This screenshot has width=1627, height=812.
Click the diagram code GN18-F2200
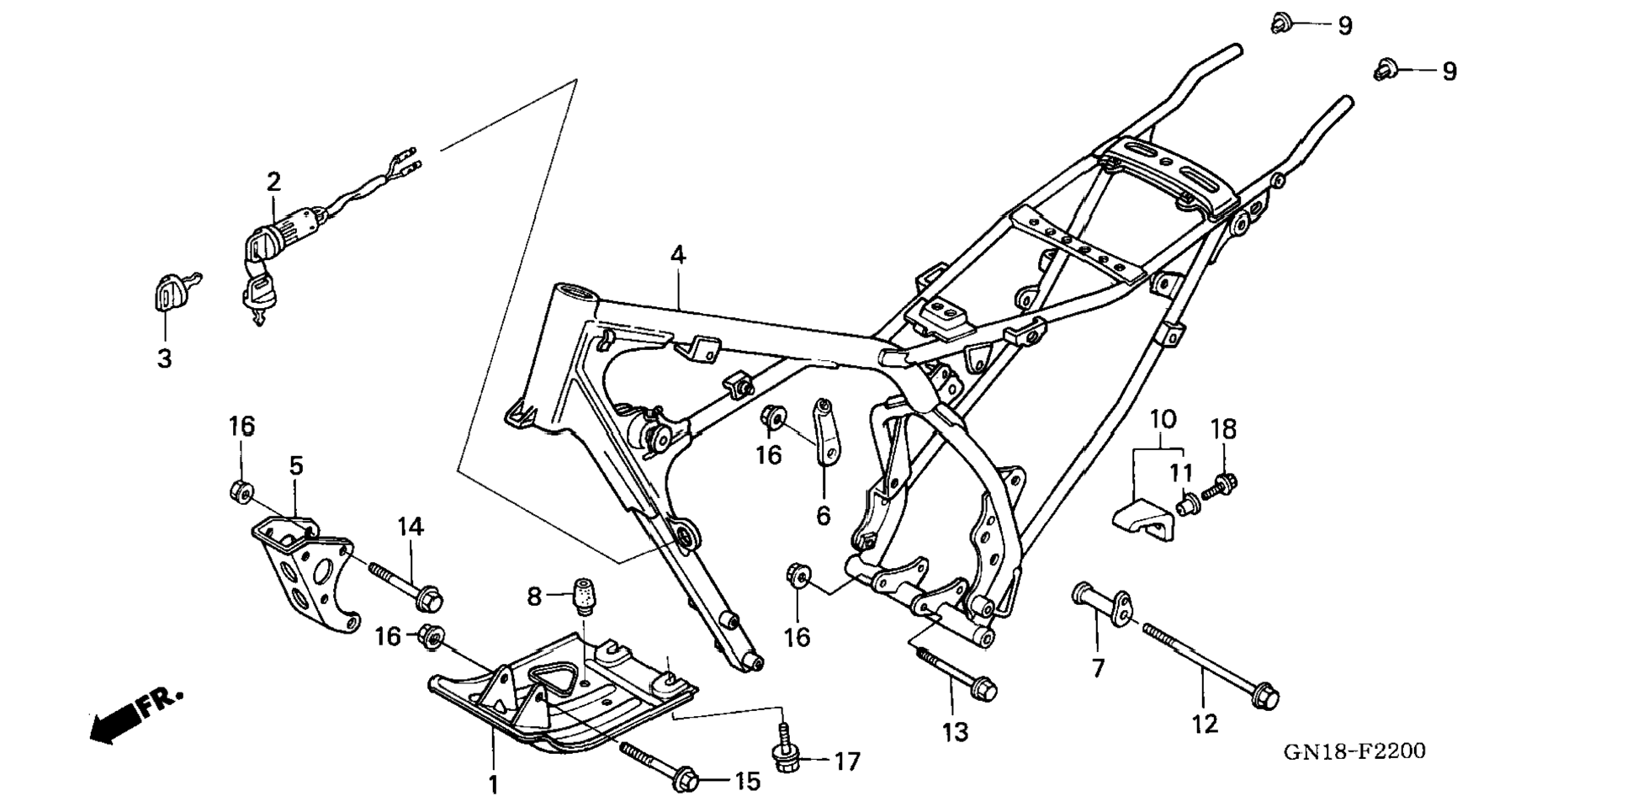[x=1354, y=751]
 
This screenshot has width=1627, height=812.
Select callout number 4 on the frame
[x=678, y=254]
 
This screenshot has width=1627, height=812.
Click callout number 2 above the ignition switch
[x=273, y=181]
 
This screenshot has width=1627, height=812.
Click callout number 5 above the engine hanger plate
[x=296, y=466]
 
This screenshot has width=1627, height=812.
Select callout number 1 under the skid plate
[x=493, y=784]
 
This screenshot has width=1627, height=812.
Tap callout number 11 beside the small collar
[x=1180, y=473]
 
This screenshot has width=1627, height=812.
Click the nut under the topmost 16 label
[x=240, y=491]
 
